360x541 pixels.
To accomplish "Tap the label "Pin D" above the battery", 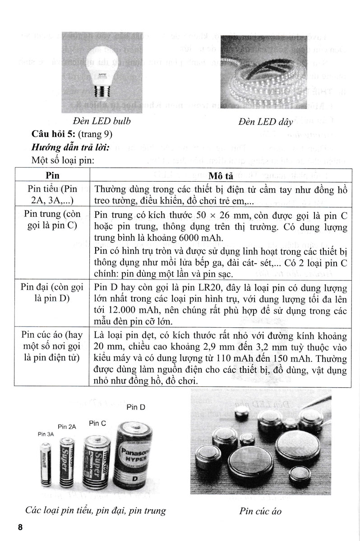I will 135,407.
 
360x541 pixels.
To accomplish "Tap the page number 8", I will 19,527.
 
